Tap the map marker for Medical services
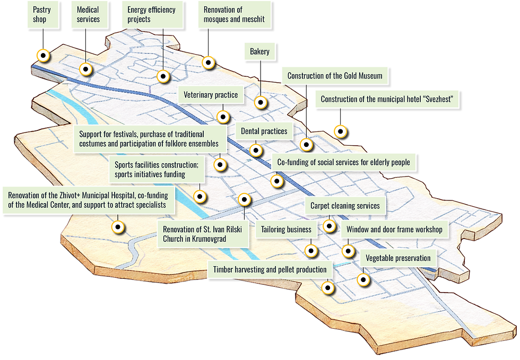pos(86,69)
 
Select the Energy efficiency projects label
pos(152,15)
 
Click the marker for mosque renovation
pos(208,63)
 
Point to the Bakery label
pos(259,52)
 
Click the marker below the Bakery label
pos(261,102)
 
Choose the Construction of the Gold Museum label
pos(335,76)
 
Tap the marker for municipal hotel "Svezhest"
pos(340,131)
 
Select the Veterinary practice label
pos(211,95)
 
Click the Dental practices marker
pos(256,150)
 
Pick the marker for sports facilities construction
pos(200,197)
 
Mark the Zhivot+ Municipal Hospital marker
pos(118,227)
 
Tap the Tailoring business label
pos(286,230)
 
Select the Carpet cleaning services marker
pos(329,226)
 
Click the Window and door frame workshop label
pos(395,230)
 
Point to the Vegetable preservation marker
pos(363,280)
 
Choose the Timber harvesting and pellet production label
pos(270,269)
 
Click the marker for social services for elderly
pos(276,181)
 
